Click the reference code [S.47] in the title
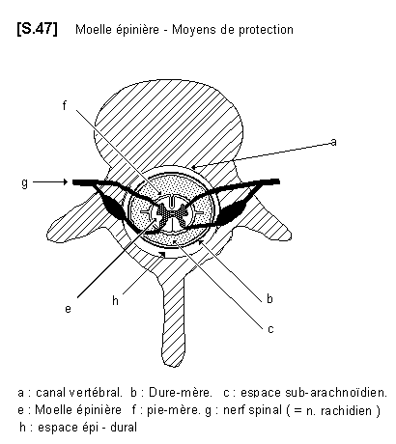tap(38, 29)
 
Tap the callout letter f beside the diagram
tap(65, 105)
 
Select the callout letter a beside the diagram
tap(333, 142)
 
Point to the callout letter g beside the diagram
tap(25, 183)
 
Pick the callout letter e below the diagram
tap(68, 309)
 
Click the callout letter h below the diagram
tap(115, 300)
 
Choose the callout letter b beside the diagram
tap(269, 298)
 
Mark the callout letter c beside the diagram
tap(270, 329)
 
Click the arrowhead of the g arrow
tap(66, 182)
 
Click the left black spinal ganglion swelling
tap(114, 207)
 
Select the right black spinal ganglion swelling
tap(234, 210)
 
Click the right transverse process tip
tap(288, 235)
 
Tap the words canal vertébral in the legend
tap(79, 393)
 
